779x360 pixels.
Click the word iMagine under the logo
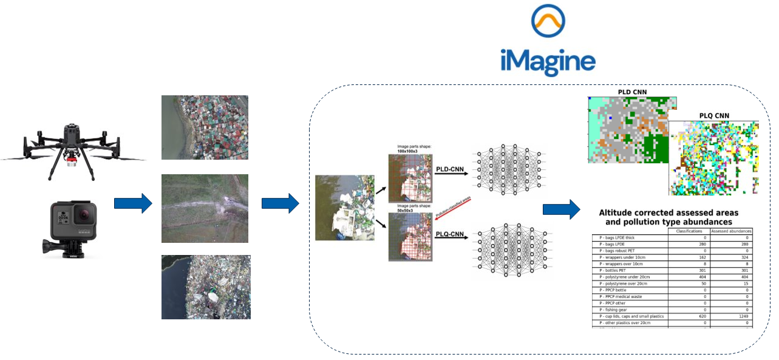pos(548,62)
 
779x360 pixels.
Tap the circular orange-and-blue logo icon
pos(548,21)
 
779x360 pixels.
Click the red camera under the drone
pos(73,160)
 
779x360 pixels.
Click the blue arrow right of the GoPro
pos(132,203)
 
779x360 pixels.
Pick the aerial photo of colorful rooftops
pos(205,127)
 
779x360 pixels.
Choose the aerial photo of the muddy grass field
pos(205,208)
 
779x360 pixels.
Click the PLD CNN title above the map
pos(632,92)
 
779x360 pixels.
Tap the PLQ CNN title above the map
pos(714,115)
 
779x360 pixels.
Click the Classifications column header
pos(689,231)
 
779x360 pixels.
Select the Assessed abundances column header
pos(732,231)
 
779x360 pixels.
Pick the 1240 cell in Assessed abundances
pos(743,316)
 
